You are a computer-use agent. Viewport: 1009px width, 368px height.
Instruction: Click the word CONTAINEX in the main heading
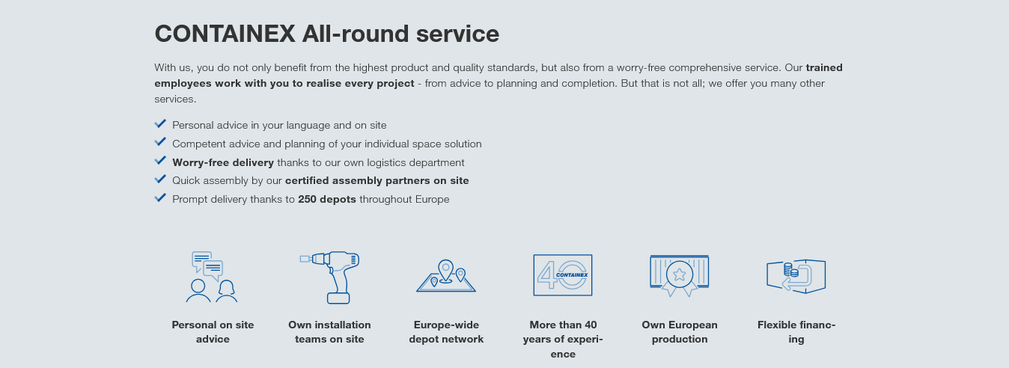tap(225, 34)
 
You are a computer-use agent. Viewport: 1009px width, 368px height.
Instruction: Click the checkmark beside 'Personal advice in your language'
tap(160, 123)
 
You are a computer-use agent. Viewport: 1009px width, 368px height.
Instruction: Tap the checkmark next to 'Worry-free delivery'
tap(160, 161)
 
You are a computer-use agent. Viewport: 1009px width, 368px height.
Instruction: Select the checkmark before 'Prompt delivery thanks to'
tap(160, 198)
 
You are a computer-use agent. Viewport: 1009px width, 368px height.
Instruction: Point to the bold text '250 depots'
tap(327, 199)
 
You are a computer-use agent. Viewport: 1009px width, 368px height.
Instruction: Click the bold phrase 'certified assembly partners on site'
tap(377, 180)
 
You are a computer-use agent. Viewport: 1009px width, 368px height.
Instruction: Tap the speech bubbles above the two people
tap(207, 266)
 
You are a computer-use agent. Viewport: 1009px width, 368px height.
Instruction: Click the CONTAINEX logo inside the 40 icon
tap(572, 275)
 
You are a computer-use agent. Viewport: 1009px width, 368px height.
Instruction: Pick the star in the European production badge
tap(679, 274)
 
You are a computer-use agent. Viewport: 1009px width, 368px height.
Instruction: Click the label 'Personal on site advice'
tap(213, 332)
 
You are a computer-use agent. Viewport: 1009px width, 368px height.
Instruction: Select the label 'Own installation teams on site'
tap(330, 332)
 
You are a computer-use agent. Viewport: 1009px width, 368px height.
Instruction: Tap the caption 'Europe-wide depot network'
tap(446, 332)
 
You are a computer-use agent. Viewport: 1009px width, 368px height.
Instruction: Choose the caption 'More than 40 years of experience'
tap(563, 340)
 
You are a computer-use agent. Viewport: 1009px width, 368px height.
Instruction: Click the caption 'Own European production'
tap(680, 332)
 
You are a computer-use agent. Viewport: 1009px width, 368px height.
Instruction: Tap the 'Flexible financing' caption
tap(796, 332)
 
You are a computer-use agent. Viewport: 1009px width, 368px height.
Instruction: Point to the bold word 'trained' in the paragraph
tap(824, 67)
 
